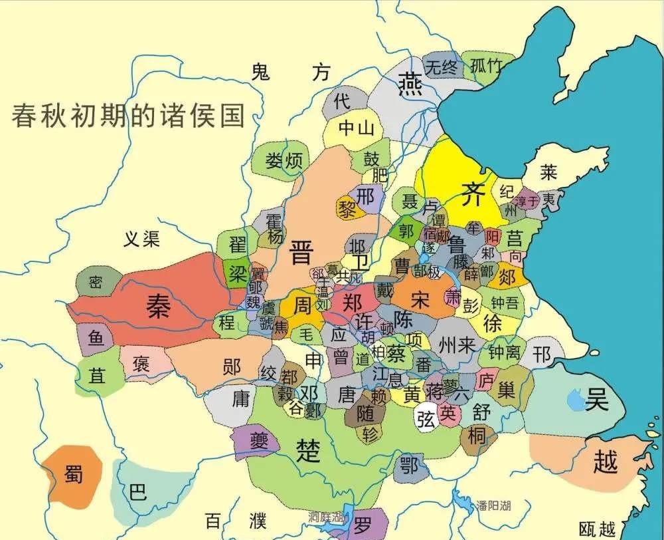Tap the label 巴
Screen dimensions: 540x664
tap(137, 493)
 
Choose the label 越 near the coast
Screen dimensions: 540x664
tap(605, 461)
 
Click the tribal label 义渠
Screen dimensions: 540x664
tap(141, 239)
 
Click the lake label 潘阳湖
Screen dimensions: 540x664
tap(493, 505)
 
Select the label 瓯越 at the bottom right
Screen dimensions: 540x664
tap(597, 529)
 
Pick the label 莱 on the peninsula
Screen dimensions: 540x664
tap(548, 173)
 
